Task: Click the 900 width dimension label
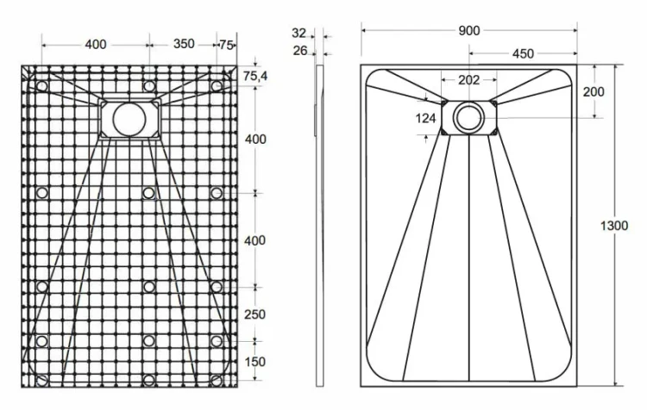pyautogui.click(x=469, y=30)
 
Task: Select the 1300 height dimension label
pyautogui.click(x=614, y=226)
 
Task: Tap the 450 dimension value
pyautogui.click(x=523, y=53)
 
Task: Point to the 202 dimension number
pyautogui.click(x=468, y=80)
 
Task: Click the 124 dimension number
pyautogui.click(x=425, y=119)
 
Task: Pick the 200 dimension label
pyautogui.click(x=594, y=91)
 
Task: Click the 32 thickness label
pyautogui.click(x=298, y=33)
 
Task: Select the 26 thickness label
pyautogui.click(x=300, y=51)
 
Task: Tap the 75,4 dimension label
pyautogui.click(x=255, y=76)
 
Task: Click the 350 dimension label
pyautogui.click(x=184, y=44)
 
